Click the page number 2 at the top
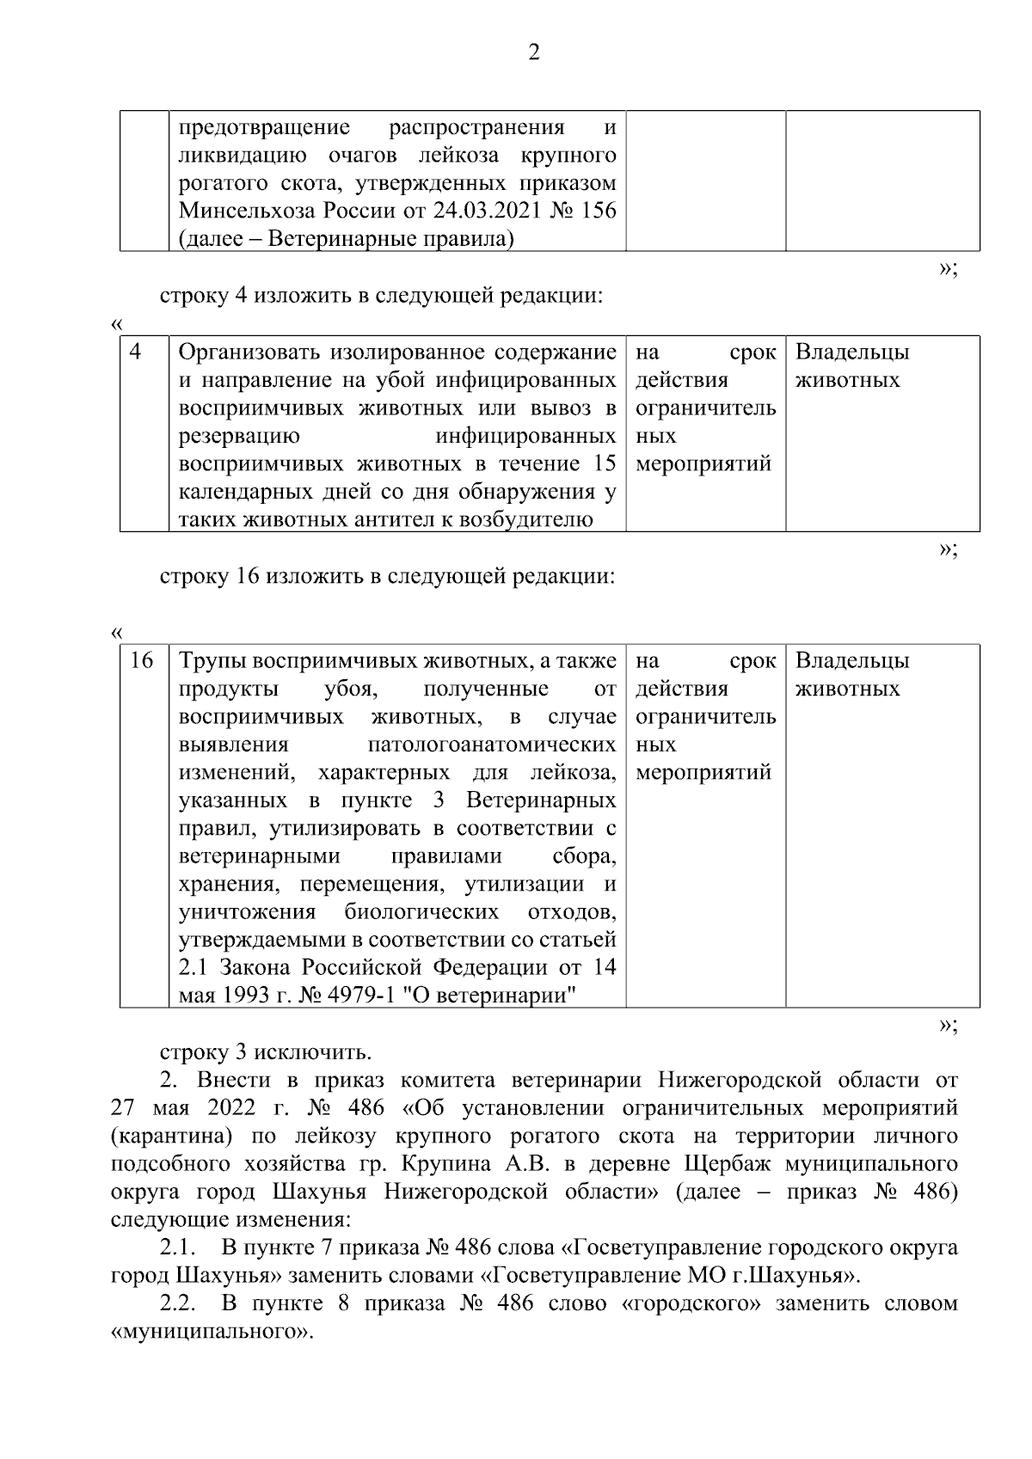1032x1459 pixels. (x=533, y=54)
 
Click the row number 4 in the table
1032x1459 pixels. (x=135, y=352)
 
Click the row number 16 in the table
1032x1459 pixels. (x=141, y=660)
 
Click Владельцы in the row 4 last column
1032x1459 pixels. (x=851, y=352)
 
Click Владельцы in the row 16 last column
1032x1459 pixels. (x=851, y=661)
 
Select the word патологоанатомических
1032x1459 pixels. (x=491, y=745)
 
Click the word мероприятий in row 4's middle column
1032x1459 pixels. (x=703, y=464)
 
